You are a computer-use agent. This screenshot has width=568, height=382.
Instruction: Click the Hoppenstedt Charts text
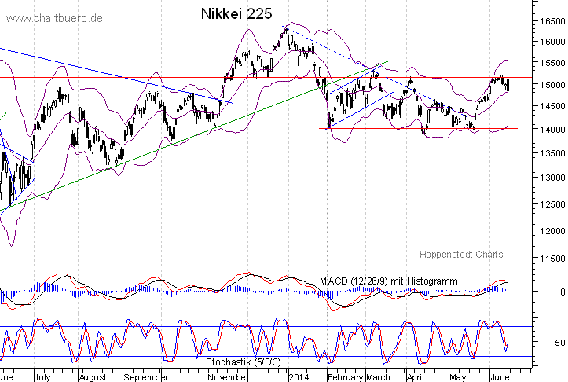[x=461, y=255]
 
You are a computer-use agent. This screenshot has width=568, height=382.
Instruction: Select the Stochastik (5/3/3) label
[x=244, y=362]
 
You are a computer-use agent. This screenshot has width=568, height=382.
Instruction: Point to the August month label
[x=93, y=376]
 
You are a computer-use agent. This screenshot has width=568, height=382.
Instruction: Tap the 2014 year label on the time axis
[x=299, y=376]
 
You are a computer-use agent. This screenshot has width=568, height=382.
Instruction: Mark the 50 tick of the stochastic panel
[x=560, y=343]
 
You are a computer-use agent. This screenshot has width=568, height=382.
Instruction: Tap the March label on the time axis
[x=379, y=376]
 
